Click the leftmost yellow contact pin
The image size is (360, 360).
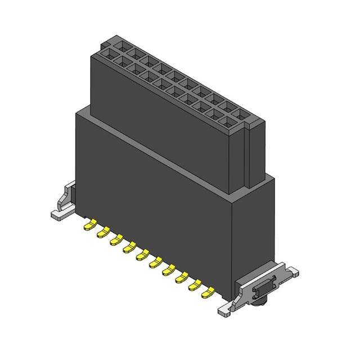[89, 226]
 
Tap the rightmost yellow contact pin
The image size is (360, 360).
[208, 292]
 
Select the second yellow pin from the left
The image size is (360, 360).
[102, 231]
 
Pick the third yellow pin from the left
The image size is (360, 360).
[116, 240]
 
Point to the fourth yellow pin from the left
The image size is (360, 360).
[129, 247]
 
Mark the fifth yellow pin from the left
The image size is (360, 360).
[142, 254]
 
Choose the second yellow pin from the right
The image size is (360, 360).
[195, 285]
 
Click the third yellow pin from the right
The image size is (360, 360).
[182, 277]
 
